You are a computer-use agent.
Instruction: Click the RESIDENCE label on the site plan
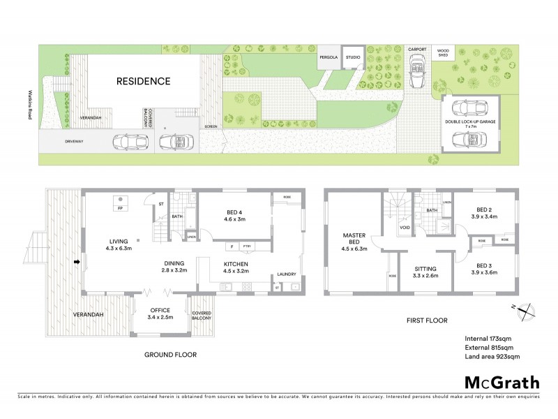click(x=142, y=81)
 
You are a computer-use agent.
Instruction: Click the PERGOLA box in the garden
click(x=327, y=58)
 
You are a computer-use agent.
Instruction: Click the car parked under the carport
click(x=418, y=72)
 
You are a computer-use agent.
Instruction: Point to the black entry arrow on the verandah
click(x=77, y=263)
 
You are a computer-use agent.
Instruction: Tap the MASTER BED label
click(x=354, y=240)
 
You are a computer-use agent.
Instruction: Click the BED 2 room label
click(x=484, y=212)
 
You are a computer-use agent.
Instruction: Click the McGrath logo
click(x=502, y=382)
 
